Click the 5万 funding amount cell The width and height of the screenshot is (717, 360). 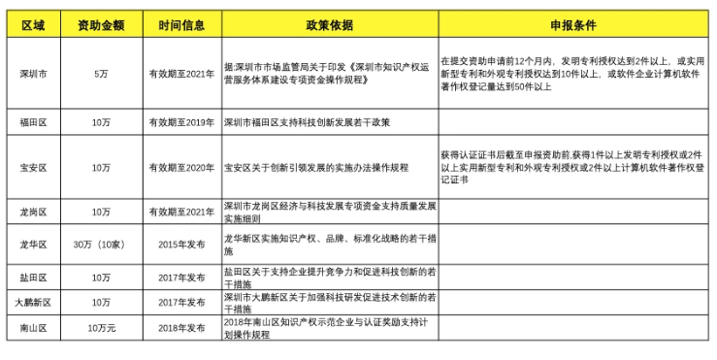coord(101,73)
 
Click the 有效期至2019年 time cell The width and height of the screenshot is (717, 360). coord(182,122)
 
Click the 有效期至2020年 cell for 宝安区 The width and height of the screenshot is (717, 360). coord(182,167)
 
